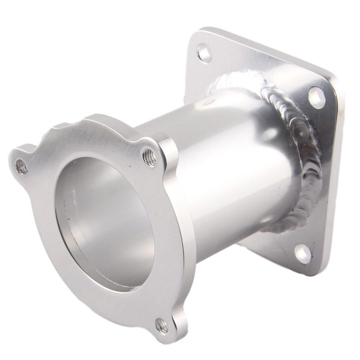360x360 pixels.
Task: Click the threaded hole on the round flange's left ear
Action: pyautogui.click(x=21, y=167)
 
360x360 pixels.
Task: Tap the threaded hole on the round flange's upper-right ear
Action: pyautogui.click(x=149, y=157)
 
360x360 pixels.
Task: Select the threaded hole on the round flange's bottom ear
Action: pyautogui.click(x=162, y=326)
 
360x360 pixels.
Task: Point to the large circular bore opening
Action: pyautogui.click(x=105, y=225)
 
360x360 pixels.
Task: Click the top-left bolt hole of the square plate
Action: pyautogui.click(x=204, y=53)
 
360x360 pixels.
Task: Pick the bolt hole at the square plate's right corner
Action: pyautogui.click(x=316, y=97)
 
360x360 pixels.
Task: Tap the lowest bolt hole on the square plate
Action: pyautogui.click(x=303, y=253)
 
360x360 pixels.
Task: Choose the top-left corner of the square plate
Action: pyautogui.click(x=197, y=33)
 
